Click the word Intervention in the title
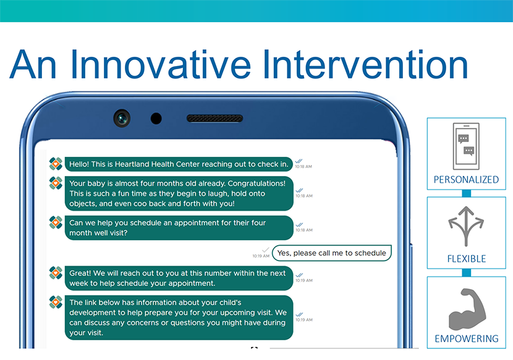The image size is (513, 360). (x=365, y=64)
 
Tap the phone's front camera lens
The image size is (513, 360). (x=122, y=119)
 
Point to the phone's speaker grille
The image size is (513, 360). (x=214, y=119)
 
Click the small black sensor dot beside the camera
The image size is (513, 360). (x=156, y=119)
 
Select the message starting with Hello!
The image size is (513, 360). (x=179, y=164)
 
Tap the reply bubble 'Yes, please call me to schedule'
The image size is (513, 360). (x=332, y=253)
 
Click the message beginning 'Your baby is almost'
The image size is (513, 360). (x=179, y=193)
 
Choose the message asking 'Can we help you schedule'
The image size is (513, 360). (x=179, y=228)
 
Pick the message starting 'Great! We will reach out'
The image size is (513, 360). (x=179, y=278)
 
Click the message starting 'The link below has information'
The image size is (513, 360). (x=179, y=318)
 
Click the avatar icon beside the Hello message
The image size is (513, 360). (x=56, y=164)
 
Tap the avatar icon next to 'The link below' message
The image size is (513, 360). (x=56, y=302)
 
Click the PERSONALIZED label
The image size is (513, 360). (x=466, y=180)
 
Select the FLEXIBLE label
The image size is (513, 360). (x=467, y=259)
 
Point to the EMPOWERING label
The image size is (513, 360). (x=467, y=339)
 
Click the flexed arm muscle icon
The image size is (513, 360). (x=467, y=309)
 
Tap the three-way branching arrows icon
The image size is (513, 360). (x=466, y=225)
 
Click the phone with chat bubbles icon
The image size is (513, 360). (x=466, y=146)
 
